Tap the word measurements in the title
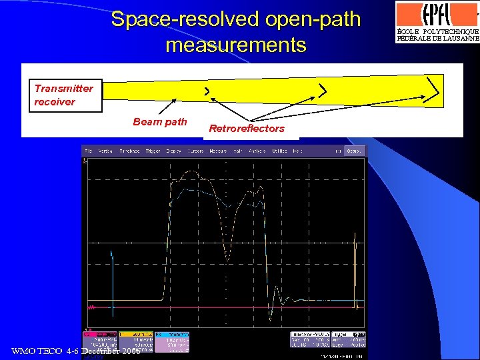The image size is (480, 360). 235,45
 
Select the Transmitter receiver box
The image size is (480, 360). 64,95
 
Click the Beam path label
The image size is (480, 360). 160,121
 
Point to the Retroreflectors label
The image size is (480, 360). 247,128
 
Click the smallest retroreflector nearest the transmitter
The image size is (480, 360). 207,90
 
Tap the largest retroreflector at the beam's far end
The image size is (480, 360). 434,90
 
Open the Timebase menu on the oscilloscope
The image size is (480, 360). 130,151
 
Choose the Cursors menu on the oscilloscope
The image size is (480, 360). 195,151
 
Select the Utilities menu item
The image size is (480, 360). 279,151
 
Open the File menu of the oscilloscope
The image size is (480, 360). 88,151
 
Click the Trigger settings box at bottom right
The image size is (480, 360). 349,339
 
